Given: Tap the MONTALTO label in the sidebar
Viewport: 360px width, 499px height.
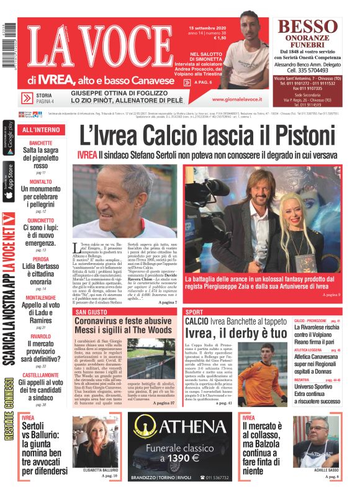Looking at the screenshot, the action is tap(40, 181).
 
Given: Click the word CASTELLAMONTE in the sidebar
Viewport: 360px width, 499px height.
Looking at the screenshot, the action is tap(40, 375).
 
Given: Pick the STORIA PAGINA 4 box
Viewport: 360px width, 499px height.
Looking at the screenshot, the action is tap(43, 98).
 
